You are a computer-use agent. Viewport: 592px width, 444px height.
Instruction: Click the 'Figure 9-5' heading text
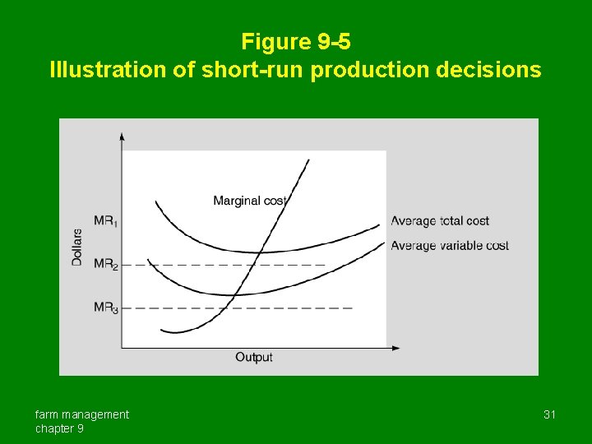click(x=295, y=41)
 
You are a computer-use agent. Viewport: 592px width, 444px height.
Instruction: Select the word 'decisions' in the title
click(x=488, y=69)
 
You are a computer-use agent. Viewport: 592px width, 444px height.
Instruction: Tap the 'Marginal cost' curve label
click(x=249, y=201)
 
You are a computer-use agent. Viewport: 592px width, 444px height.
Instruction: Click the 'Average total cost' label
click(x=440, y=221)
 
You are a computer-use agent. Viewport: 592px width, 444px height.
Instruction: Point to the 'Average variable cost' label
click(x=450, y=245)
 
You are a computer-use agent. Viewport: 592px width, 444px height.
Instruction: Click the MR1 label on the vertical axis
click(x=105, y=221)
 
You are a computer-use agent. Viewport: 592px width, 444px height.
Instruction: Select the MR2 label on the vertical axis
click(x=105, y=265)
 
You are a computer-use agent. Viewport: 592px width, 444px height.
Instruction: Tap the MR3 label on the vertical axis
click(x=105, y=308)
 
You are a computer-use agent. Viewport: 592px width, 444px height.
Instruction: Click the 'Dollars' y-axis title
click(x=77, y=246)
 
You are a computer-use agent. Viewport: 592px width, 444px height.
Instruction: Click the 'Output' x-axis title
click(x=254, y=357)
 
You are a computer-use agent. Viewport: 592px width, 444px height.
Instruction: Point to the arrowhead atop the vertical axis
click(x=123, y=136)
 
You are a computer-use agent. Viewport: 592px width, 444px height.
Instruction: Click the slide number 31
click(x=549, y=414)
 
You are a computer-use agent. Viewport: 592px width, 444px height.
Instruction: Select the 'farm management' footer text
click(x=81, y=414)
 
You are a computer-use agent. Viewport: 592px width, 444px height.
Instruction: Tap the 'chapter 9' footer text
click(x=58, y=428)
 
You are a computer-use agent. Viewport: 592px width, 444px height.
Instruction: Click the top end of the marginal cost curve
click(x=309, y=160)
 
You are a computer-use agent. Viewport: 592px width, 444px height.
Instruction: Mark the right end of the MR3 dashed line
click(x=352, y=308)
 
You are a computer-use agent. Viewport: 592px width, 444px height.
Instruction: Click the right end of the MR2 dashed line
click(x=324, y=265)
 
